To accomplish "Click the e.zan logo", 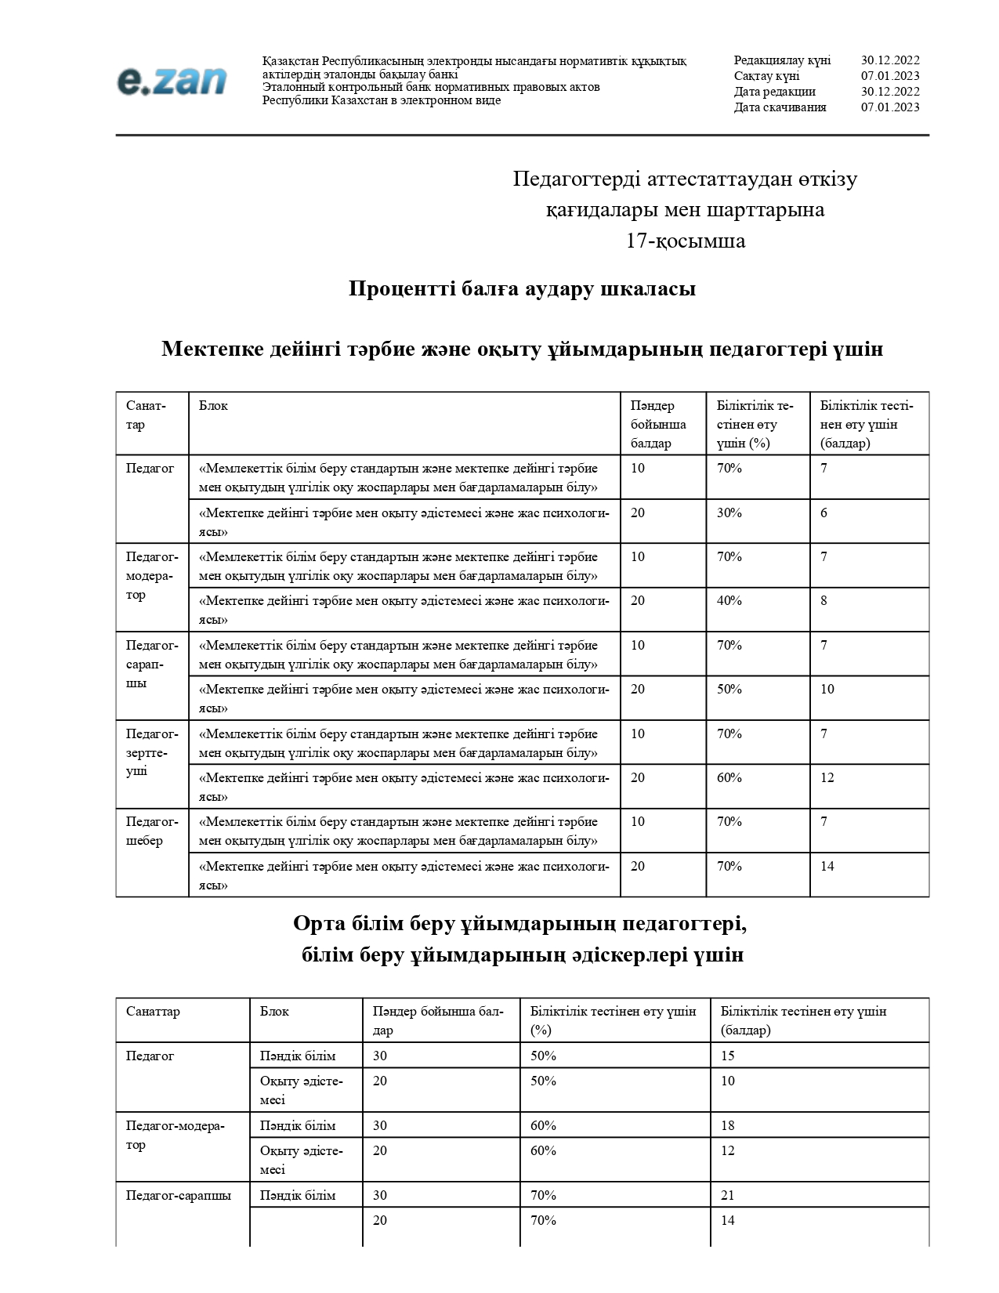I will [x=172, y=81].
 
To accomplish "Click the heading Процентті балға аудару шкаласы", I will [x=522, y=289].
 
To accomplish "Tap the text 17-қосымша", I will [x=685, y=241].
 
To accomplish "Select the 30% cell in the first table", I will [x=729, y=513].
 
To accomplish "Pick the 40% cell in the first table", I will [x=729, y=601].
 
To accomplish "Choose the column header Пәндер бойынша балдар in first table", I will [x=657, y=424].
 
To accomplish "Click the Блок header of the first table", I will [x=213, y=406].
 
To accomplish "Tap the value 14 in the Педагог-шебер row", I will [x=827, y=867].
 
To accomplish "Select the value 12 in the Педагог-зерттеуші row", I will [x=827, y=778].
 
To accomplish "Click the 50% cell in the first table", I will [x=729, y=690].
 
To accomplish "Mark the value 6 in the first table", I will [x=823, y=513].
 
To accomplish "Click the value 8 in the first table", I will [x=823, y=601].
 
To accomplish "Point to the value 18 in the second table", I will [x=728, y=1126].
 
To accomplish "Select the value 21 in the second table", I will [x=728, y=1196].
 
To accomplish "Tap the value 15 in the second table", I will [x=728, y=1056].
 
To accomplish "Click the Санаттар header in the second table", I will [x=153, y=1012].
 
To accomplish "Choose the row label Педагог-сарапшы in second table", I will [x=179, y=1196].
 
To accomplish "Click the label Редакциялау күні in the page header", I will [x=782, y=60].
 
